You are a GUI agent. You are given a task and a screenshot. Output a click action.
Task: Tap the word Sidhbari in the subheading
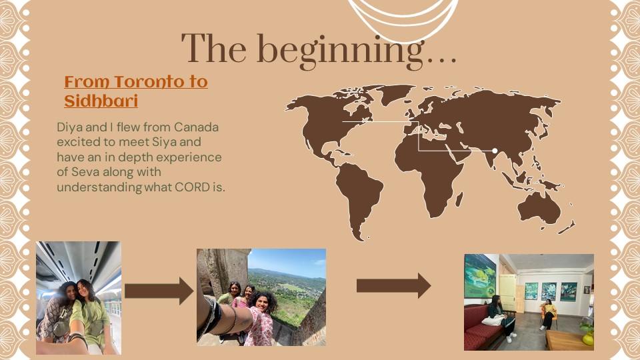click(x=101, y=101)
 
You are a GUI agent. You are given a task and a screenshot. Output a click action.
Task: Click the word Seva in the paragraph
click(x=85, y=172)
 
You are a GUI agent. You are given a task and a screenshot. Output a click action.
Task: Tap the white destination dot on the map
click(x=495, y=151)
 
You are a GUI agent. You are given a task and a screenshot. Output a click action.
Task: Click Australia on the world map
click(x=539, y=208)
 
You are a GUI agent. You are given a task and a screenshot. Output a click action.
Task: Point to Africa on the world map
click(x=433, y=171)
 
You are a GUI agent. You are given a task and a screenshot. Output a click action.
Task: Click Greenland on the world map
click(x=393, y=93)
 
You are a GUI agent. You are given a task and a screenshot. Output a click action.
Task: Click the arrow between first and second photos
click(x=159, y=291)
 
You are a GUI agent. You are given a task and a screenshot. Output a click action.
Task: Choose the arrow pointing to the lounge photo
click(x=393, y=286)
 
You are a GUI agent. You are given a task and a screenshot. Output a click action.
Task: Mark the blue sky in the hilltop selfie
click(x=288, y=261)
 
